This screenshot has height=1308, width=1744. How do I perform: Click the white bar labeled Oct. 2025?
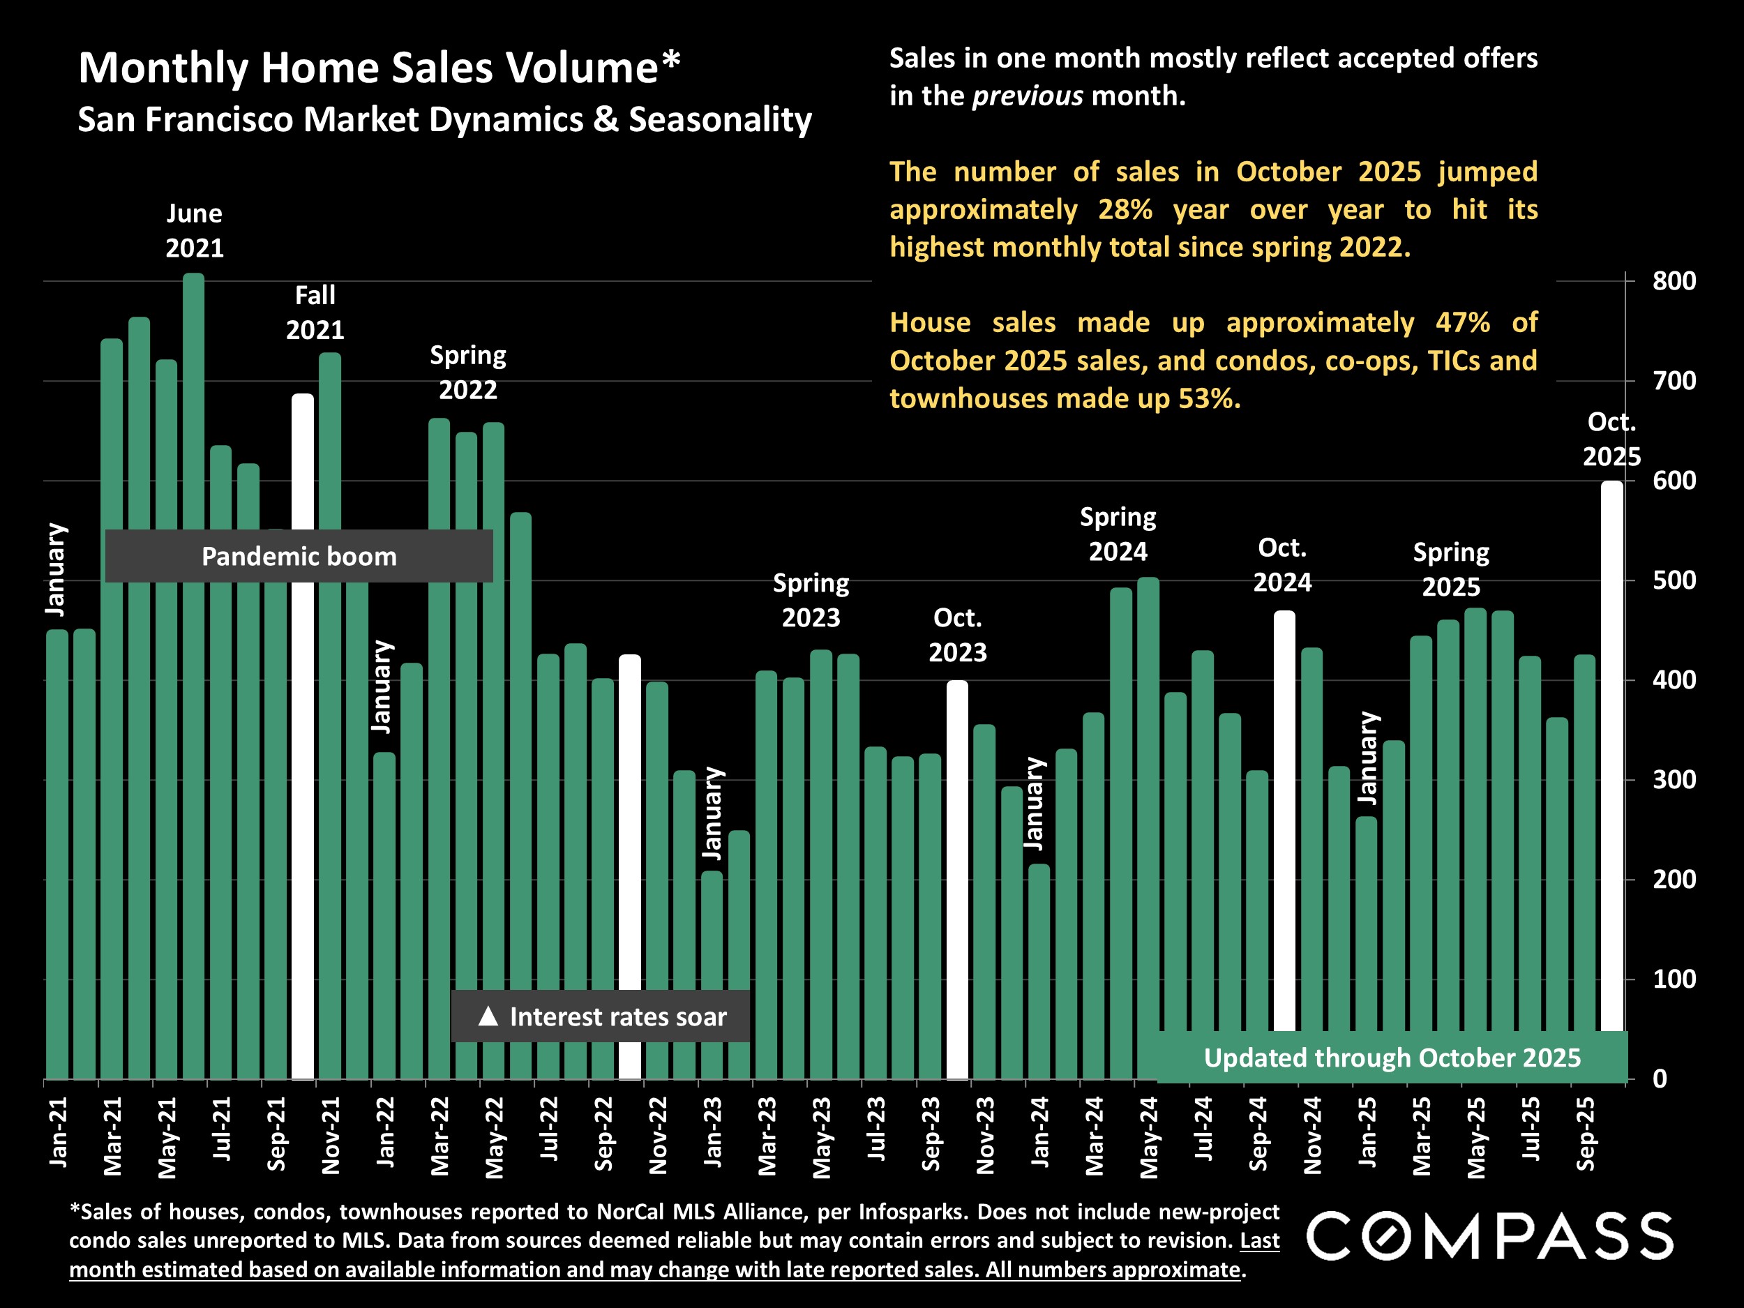1611,749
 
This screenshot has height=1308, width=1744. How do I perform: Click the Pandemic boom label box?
299,557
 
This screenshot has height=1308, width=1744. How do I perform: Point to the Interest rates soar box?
601,1016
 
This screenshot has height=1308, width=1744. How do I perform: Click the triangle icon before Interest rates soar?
488,1016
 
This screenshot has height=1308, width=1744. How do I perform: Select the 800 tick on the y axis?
1674,281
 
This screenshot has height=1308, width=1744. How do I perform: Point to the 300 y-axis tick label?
1674,780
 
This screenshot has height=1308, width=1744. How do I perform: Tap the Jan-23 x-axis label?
713,1132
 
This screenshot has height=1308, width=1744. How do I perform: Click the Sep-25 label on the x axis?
1586,1134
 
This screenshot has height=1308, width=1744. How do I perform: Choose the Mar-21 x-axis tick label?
113,1135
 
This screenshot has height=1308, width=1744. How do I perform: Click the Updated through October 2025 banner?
1392,1058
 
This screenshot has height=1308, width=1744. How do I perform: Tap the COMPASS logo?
1489,1236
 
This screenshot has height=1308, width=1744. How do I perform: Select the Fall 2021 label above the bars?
315,313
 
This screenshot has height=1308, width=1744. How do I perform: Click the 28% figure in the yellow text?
1125,210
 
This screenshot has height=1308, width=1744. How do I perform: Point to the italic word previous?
1028,96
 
